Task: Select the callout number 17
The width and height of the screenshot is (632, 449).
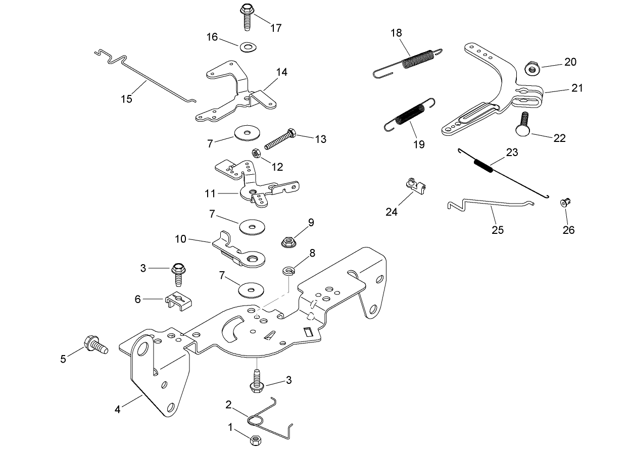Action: (276, 28)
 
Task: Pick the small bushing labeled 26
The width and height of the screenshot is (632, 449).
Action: (565, 203)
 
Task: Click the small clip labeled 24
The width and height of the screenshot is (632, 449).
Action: (415, 186)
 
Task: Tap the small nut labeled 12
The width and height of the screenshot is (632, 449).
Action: (256, 152)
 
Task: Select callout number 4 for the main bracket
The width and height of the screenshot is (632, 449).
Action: (117, 410)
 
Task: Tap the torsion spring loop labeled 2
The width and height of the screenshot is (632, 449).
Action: (256, 420)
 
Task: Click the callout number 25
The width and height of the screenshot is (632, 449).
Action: (498, 230)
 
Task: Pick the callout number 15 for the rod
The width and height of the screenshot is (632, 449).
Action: (126, 98)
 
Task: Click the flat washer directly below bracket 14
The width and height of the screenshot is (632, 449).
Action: (247, 133)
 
